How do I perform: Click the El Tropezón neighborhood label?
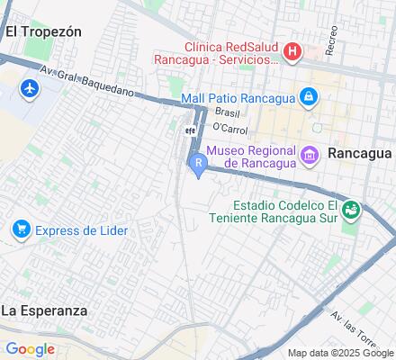43,31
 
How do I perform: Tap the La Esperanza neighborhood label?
44,310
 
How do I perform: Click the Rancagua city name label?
361,153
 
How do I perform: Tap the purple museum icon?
310,156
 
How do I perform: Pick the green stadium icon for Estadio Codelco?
351,211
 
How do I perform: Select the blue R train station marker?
198,163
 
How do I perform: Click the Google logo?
30,349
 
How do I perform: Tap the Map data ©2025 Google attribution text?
339,353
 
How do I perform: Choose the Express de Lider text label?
82,230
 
